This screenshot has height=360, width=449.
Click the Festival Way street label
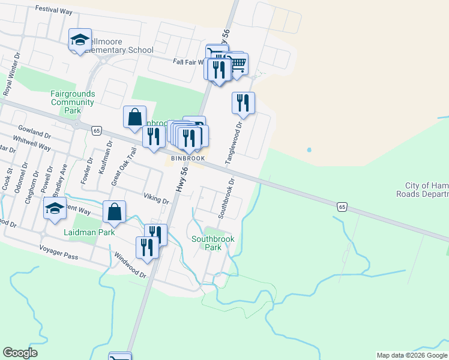pyautogui.click(x=54, y=9)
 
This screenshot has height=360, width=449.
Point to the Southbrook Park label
pyautogui.click(x=213, y=243)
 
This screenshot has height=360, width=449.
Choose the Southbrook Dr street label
pyautogui.click(x=226, y=197)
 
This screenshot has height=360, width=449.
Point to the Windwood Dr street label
pyautogui.click(x=130, y=264)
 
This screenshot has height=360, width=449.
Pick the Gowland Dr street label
pyautogui.click(x=34, y=131)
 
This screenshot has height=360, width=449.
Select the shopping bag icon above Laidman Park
pyautogui.click(x=114, y=212)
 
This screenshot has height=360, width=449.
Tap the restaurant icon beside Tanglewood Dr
pyautogui.click(x=243, y=103)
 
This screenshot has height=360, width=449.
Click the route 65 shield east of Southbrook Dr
pyautogui.click(x=342, y=207)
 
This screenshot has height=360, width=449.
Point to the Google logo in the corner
pyautogui.click(x=20, y=353)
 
